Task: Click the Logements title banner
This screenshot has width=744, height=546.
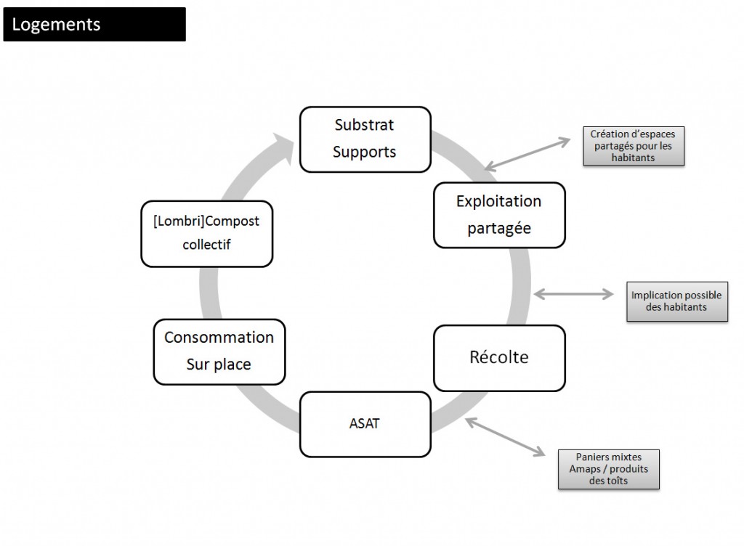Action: [x=94, y=24]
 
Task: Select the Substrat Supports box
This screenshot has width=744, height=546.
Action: [x=365, y=139]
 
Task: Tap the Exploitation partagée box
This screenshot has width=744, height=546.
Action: [x=498, y=215]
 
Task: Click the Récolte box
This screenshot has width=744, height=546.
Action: [x=498, y=358]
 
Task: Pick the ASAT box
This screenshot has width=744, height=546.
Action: [x=364, y=423]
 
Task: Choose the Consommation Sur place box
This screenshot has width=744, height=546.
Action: [x=219, y=351]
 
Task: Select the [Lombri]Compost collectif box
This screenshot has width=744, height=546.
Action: [x=206, y=233]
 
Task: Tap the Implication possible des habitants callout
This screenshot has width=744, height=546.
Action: [x=676, y=301]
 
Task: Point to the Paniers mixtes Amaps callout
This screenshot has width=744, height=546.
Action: [x=609, y=469]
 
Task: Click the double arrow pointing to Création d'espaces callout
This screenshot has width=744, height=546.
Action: [x=529, y=152]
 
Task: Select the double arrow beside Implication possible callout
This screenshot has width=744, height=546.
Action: [x=574, y=293]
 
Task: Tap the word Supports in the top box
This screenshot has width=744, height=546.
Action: [x=365, y=152]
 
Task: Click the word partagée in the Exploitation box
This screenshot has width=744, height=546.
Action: [x=498, y=228]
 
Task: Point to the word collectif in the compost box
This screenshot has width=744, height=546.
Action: [x=206, y=245]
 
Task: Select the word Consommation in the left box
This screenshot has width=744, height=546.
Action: [x=219, y=338]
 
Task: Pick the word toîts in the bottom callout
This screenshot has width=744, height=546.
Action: [x=619, y=479]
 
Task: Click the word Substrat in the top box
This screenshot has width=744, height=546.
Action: [x=365, y=125]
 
